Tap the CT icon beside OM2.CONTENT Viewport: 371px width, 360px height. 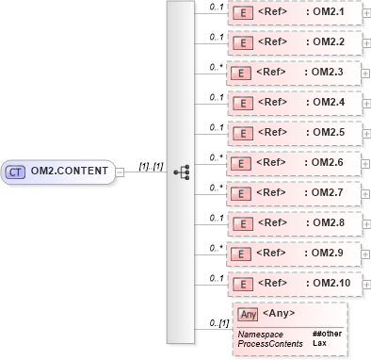[x=15, y=172]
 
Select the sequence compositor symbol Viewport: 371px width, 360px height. [x=183, y=172]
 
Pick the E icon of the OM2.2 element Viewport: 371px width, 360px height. [x=241, y=42]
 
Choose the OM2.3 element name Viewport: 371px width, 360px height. [x=331, y=73]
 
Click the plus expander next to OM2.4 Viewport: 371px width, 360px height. [x=366, y=103]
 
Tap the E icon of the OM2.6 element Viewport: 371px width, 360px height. [x=241, y=163]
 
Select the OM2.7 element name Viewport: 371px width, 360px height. [x=331, y=193]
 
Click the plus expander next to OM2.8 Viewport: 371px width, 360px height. [x=366, y=223]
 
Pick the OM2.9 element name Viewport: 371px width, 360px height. [x=331, y=254]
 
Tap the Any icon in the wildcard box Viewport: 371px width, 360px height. [x=249, y=314]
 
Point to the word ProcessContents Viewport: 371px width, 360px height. [x=270, y=344]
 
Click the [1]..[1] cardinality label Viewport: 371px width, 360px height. [x=151, y=166]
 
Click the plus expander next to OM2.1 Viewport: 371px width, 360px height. [x=366, y=12]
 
